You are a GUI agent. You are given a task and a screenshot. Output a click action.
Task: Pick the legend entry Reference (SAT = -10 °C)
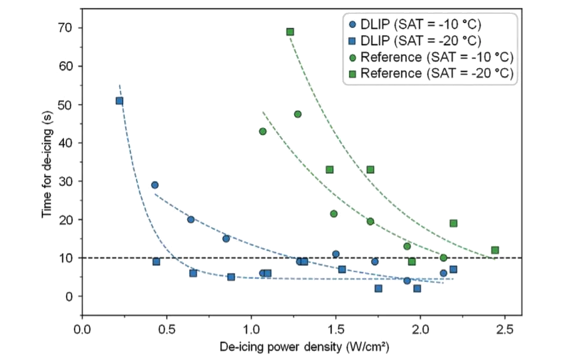(x=431, y=57)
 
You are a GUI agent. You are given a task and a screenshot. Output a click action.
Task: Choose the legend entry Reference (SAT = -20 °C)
(x=431, y=73)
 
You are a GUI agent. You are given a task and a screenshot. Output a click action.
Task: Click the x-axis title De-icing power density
(x=304, y=347)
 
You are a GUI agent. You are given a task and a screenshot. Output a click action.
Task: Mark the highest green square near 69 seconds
(x=290, y=31)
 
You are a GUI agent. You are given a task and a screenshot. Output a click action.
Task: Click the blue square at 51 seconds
(x=120, y=101)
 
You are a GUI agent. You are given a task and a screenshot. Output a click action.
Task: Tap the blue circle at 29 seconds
(x=155, y=185)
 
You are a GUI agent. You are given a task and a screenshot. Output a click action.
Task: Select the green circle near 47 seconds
(x=298, y=114)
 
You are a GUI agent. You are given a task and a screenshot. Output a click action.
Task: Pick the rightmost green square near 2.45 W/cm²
(x=495, y=250)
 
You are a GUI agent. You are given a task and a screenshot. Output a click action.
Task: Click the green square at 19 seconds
(x=453, y=223)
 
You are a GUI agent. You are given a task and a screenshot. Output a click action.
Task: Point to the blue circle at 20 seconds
(x=191, y=219)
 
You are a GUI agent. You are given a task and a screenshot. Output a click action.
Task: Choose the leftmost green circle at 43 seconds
(x=263, y=131)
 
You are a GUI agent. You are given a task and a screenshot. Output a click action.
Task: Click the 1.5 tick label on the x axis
(x=334, y=330)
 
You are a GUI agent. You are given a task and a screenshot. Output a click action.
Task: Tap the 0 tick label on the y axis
(x=68, y=297)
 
